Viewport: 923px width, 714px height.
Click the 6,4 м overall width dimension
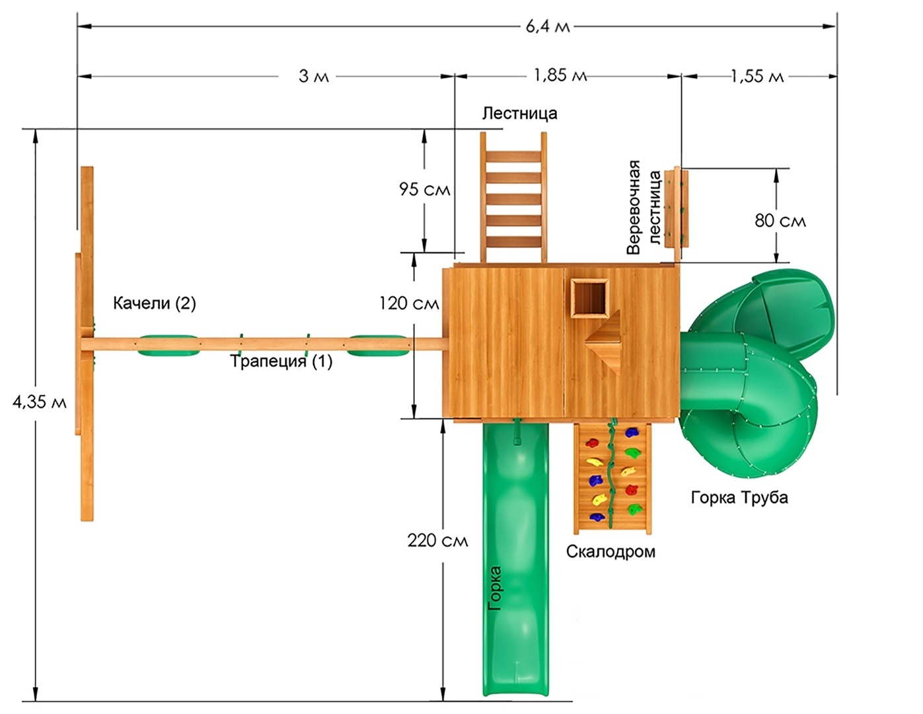(x=548, y=27)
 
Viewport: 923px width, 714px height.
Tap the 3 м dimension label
(x=313, y=77)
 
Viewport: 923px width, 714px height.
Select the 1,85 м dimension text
(x=560, y=75)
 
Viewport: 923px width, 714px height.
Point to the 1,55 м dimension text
(x=757, y=76)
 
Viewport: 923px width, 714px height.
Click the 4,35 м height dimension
(x=40, y=402)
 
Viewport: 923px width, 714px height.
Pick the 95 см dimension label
(x=424, y=190)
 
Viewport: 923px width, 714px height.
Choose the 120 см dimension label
(x=409, y=303)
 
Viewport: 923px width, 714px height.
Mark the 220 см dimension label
(x=437, y=541)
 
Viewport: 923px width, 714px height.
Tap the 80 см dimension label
(x=780, y=221)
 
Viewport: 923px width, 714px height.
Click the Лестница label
(x=519, y=114)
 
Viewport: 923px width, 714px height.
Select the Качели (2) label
(x=155, y=303)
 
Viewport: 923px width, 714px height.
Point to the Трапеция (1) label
(x=281, y=362)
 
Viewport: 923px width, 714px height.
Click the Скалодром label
(x=610, y=551)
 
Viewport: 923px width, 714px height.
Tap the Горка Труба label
(x=739, y=497)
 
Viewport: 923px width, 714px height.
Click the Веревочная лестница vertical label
(x=644, y=207)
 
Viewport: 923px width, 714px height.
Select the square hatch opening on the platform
(x=589, y=298)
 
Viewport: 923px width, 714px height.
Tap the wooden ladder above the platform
(x=514, y=196)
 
